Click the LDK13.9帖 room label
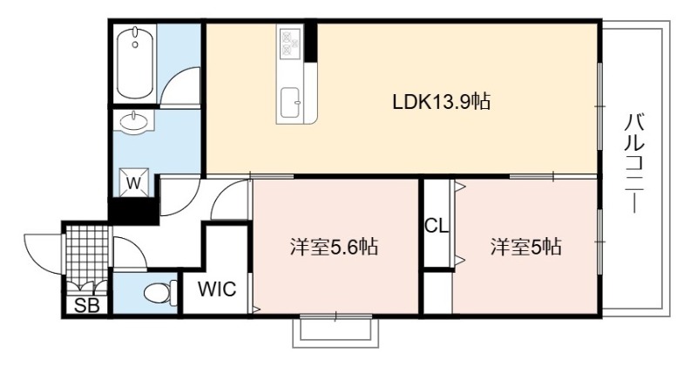tap(442, 102)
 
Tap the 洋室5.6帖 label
tap(334, 247)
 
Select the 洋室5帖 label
tap(526, 247)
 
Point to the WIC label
tap(217, 289)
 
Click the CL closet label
tap(436, 226)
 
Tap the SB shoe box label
tap(86, 306)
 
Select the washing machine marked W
tap(134, 182)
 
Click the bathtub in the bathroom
tap(136, 65)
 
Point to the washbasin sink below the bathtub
tap(133, 121)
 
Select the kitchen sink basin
tap(291, 101)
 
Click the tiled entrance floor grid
tap(87, 254)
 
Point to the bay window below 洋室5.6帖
tap(336, 331)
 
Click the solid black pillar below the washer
tap(134, 210)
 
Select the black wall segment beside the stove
tap(311, 41)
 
